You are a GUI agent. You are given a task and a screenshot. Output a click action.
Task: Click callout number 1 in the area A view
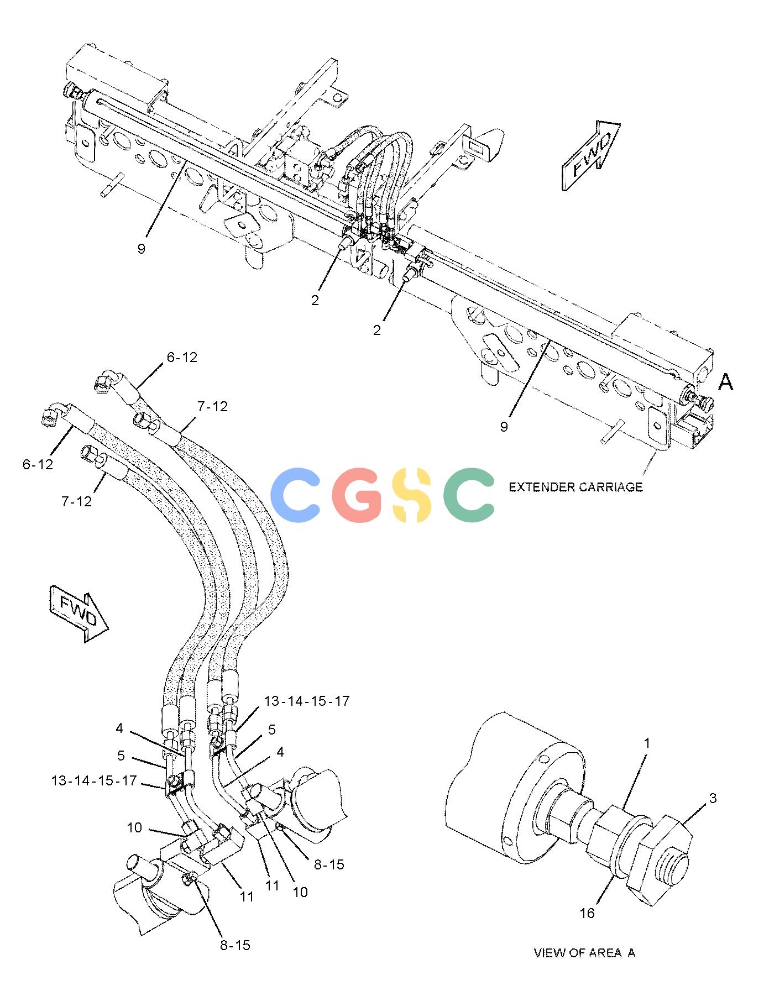pyautogui.click(x=647, y=744)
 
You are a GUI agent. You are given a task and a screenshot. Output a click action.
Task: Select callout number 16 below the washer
pyautogui.click(x=587, y=913)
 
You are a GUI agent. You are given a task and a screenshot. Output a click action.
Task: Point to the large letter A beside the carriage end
pyautogui.click(x=726, y=381)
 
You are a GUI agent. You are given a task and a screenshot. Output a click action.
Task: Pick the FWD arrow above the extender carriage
pyautogui.click(x=590, y=156)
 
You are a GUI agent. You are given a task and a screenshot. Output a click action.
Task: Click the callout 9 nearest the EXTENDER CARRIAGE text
pyautogui.click(x=504, y=427)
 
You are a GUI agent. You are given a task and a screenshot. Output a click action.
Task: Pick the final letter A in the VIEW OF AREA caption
pyautogui.click(x=631, y=953)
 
